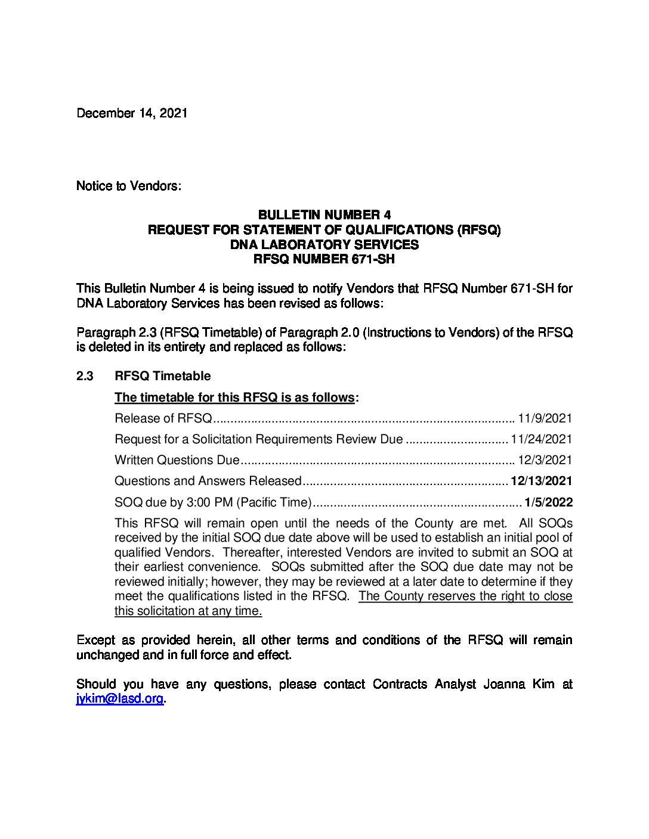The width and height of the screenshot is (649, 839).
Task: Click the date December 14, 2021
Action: [132, 113]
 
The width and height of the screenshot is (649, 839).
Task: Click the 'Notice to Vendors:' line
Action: [128, 186]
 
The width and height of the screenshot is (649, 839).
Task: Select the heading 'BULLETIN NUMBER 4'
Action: [324, 215]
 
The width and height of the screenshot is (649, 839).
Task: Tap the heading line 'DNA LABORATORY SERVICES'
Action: [324, 244]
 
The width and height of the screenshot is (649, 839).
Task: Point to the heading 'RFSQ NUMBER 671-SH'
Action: [324, 259]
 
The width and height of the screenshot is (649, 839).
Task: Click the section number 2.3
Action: [85, 376]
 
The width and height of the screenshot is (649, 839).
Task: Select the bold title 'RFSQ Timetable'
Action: [162, 376]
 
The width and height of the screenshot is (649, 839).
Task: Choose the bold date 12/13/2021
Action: [542, 481]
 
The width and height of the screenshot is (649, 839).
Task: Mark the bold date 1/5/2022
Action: [549, 502]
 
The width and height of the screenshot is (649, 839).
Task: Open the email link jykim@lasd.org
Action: [120, 699]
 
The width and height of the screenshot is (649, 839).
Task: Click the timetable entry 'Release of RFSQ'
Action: [163, 418]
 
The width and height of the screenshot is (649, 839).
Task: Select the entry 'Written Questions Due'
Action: [177, 460]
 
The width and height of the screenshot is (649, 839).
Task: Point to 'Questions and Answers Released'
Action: [208, 481]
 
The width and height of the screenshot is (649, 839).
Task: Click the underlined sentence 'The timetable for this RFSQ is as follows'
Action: [234, 397]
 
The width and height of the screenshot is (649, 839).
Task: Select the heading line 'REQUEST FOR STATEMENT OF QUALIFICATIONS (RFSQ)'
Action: [324, 230]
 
